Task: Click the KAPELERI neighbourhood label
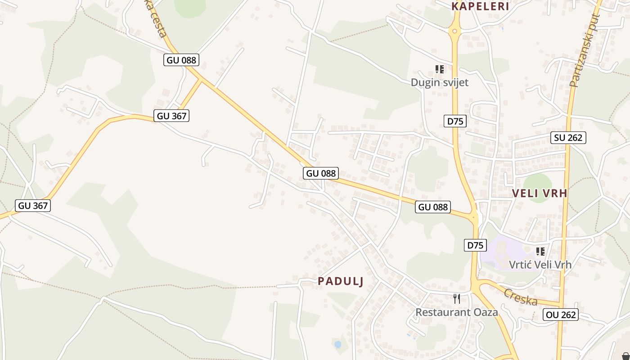click(480, 6)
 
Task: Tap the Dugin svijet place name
click(439, 82)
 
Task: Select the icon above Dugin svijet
click(440, 69)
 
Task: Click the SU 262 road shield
click(568, 138)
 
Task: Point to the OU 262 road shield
click(561, 315)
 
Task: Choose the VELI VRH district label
click(540, 193)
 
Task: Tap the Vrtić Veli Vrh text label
click(540, 264)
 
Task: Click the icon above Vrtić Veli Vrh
click(540, 251)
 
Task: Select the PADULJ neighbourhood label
click(340, 281)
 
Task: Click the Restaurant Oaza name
click(456, 312)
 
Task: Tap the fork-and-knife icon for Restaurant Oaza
click(457, 298)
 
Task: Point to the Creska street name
click(520, 297)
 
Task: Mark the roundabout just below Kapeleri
click(454, 31)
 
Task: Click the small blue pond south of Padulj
click(337, 344)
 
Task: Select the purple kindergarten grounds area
click(504, 254)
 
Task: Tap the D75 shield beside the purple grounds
click(475, 245)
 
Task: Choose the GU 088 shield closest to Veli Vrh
click(432, 207)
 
